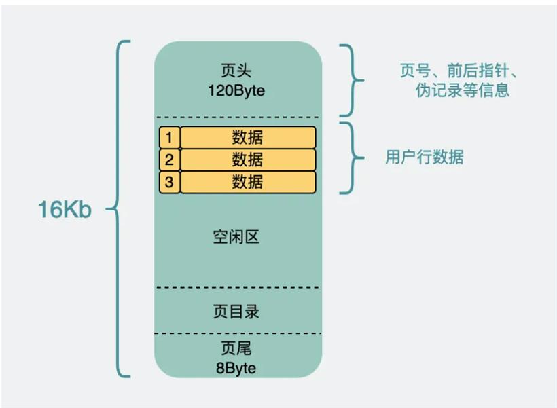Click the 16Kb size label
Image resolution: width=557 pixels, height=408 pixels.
[x=65, y=209]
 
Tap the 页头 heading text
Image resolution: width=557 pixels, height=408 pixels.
[x=236, y=71]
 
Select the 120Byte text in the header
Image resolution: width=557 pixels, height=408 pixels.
[x=236, y=90]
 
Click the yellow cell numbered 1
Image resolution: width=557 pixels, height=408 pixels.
[x=169, y=137]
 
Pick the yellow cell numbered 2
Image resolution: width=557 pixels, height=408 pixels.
[x=169, y=160]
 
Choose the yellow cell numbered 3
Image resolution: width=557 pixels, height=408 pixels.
[x=169, y=182]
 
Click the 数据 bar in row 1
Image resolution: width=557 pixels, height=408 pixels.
[x=248, y=137]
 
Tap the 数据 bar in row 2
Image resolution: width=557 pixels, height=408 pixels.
[x=248, y=160]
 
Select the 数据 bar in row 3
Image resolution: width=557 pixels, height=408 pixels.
[x=248, y=182]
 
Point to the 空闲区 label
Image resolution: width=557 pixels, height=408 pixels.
[x=236, y=237]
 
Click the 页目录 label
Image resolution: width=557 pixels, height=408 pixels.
[x=236, y=312]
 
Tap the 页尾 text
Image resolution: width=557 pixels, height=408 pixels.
[x=236, y=348]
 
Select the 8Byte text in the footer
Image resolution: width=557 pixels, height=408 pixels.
[x=236, y=368]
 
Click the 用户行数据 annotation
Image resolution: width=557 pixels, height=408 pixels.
[x=425, y=157]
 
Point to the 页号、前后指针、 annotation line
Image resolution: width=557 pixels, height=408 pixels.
[x=459, y=71]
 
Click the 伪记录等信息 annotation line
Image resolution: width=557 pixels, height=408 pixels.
[x=463, y=90]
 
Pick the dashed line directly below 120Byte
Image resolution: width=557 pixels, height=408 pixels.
[x=237, y=117]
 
